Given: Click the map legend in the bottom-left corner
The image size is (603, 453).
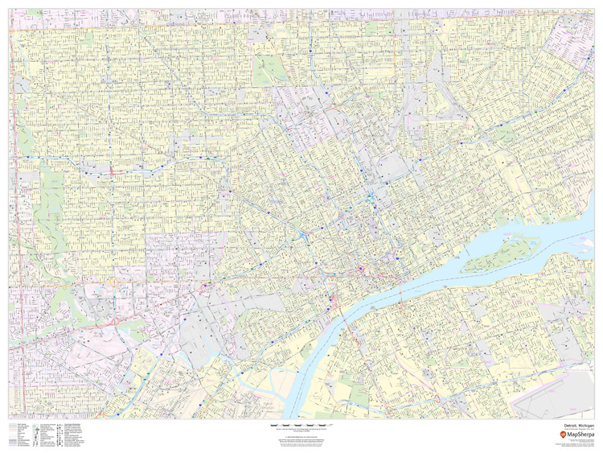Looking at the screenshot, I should [48, 434].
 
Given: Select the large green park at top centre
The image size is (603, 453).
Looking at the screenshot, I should [270, 71].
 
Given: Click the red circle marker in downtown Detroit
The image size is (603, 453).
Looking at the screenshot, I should [361, 269].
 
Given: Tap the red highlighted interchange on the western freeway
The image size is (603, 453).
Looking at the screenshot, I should [113, 171].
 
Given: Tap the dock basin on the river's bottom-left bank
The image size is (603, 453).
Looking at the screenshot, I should [265, 394].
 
